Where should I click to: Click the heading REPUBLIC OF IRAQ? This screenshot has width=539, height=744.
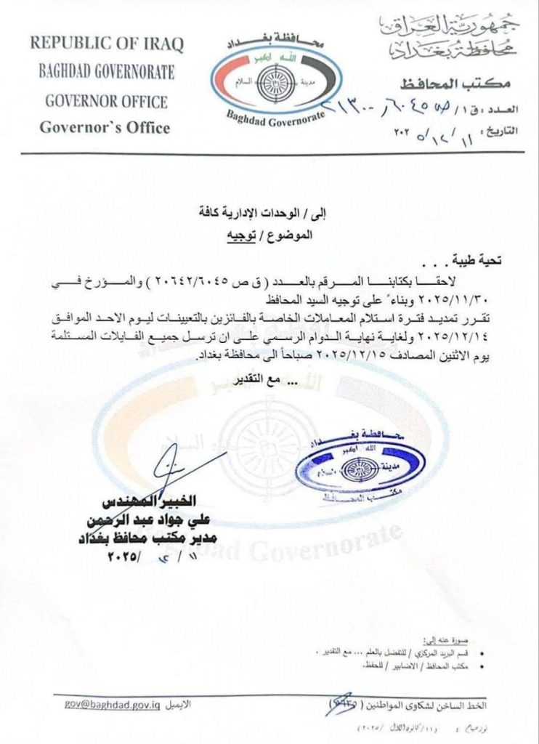(107, 43)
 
